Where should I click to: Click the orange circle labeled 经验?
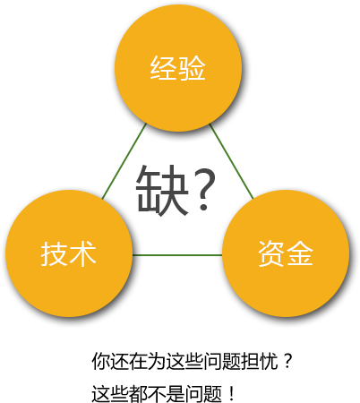[x=178, y=68]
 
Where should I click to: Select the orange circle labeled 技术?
[x=69, y=253]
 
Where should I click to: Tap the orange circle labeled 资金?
[x=286, y=253]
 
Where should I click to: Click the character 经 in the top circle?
[x=163, y=68]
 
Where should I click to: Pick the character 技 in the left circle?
[x=54, y=253]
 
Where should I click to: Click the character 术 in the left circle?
[x=82, y=253]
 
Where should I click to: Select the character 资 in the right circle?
[x=271, y=253]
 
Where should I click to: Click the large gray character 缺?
[x=162, y=190]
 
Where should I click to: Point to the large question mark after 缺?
[x=204, y=189]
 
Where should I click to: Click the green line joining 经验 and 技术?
[x=124, y=161]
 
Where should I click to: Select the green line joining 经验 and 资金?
[x=232, y=161]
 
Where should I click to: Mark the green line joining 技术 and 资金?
[x=177, y=255]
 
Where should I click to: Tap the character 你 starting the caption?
[x=100, y=361]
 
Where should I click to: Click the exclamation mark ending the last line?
[x=232, y=394]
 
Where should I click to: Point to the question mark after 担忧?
[x=287, y=360]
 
